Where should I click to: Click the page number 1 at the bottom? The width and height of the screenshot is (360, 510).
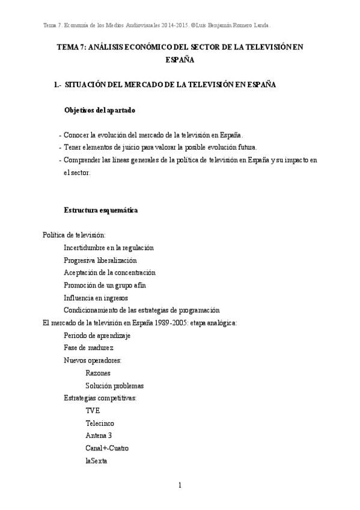tap(180, 485)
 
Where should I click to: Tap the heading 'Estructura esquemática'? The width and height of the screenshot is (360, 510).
tap(101, 210)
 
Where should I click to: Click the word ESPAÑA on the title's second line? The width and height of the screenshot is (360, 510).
tap(180, 60)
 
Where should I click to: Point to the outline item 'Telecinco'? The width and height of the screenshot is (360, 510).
tap(100, 423)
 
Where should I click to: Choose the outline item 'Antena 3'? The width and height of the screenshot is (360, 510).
tap(99, 435)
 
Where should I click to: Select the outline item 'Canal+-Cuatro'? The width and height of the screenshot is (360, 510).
tap(107, 448)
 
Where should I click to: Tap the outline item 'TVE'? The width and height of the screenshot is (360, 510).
tap(93, 410)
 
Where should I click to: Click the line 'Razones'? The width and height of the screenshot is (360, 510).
tap(98, 373)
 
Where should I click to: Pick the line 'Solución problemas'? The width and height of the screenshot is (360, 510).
tap(115, 386)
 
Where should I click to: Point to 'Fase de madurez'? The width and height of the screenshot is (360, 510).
tap(89, 348)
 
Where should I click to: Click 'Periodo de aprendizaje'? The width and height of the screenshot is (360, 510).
tap(97, 335)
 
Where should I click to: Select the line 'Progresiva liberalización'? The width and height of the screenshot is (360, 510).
tap(100, 260)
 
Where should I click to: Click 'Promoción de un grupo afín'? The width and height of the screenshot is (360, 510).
tap(105, 285)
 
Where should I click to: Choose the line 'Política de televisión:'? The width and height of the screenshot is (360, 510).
tap(75, 235)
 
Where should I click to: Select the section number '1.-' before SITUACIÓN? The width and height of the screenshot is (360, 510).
tap(58, 85)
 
